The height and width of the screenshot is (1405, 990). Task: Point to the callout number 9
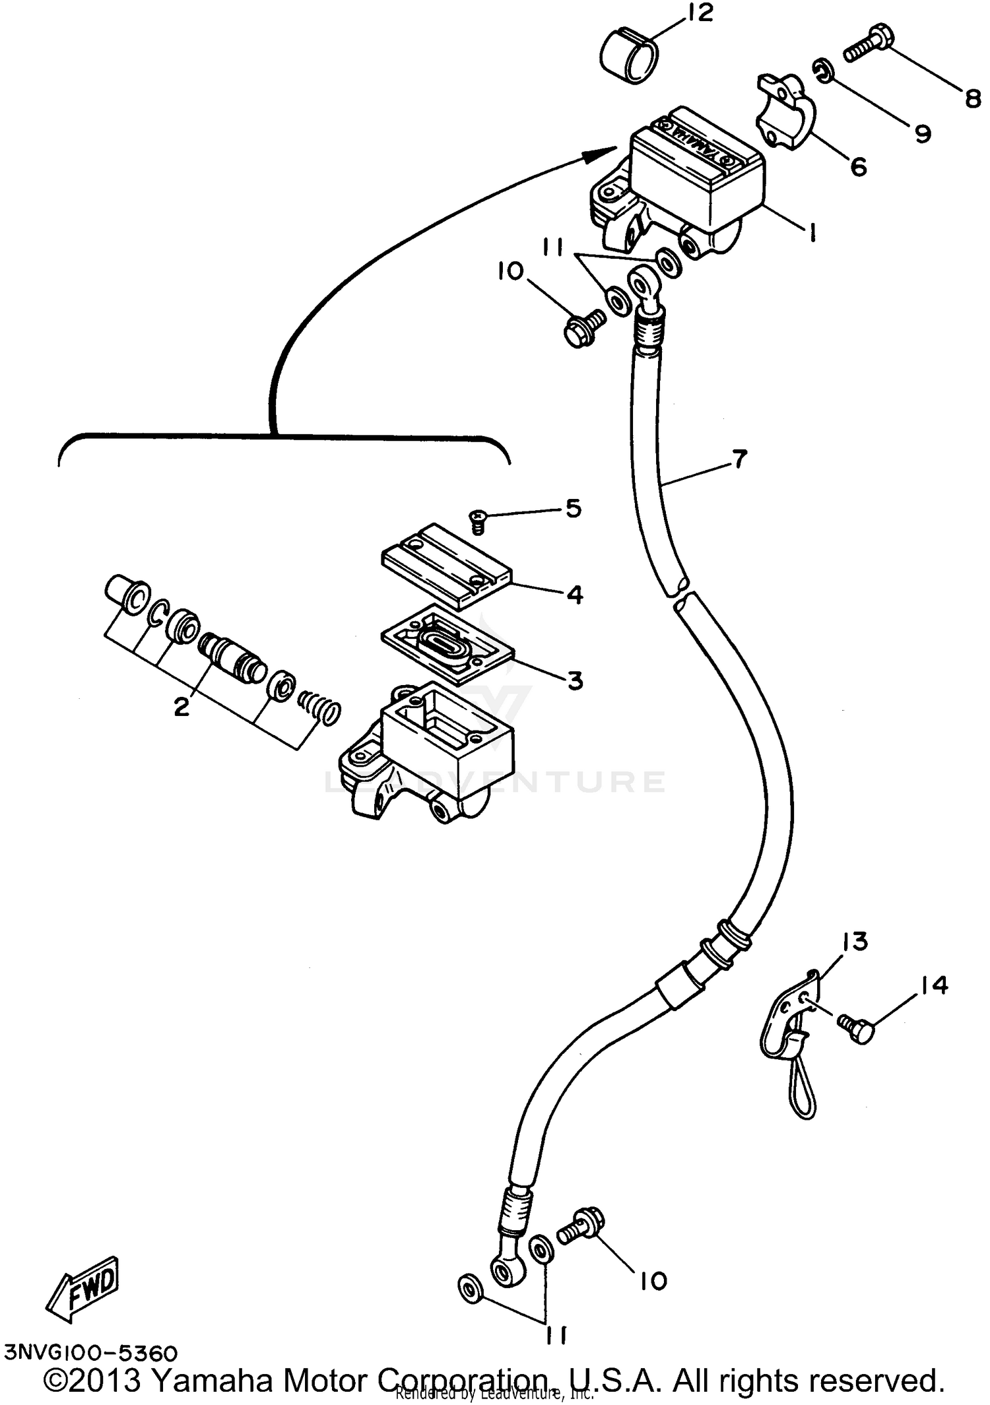pyautogui.click(x=922, y=133)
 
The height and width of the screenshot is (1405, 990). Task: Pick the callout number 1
pyautogui.click(x=812, y=231)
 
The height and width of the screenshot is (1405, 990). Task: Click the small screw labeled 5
pyautogui.click(x=477, y=521)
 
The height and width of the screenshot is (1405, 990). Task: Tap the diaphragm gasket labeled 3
pyautogui.click(x=447, y=642)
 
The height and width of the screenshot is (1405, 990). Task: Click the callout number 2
pyautogui.click(x=181, y=706)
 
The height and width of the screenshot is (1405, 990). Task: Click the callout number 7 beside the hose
pyautogui.click(x=739, y=458)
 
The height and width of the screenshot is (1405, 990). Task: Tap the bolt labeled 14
pyautogui.click(x=856, y=1028)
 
